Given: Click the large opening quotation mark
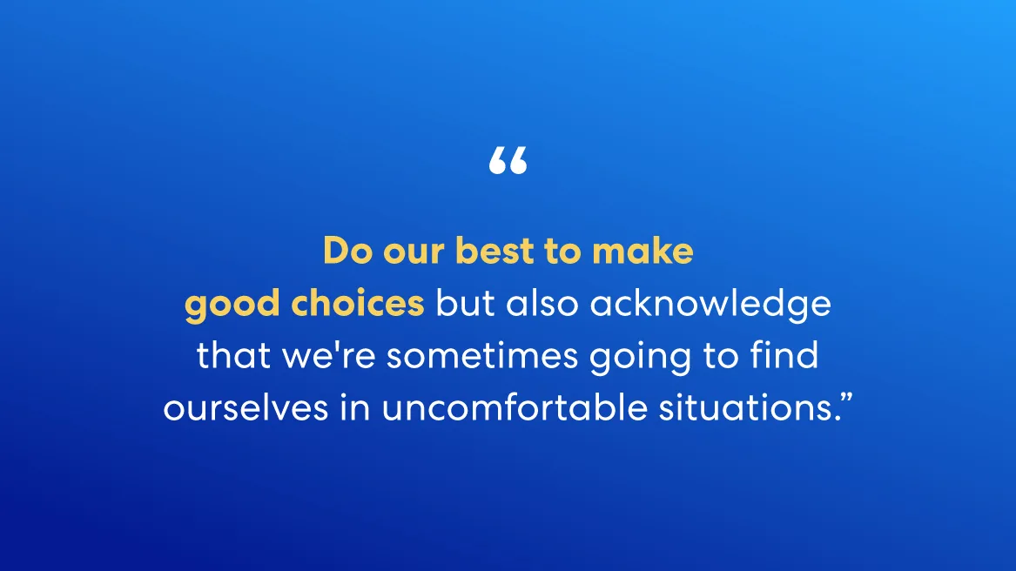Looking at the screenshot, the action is click(508, 161).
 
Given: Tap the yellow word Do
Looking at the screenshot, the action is click(347, 251).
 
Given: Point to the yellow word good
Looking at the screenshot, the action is click(232, 305).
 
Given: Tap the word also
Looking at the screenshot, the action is click(542, 303).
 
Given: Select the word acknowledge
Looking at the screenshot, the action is click(710, 305).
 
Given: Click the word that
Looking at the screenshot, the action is click(234, 355).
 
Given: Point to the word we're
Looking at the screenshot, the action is click(329, 355).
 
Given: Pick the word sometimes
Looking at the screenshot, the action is click(482, 355).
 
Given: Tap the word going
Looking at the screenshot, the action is click(640, 358).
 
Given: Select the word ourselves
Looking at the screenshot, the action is click(246, 407).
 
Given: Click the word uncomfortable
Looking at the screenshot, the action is click(515, 407).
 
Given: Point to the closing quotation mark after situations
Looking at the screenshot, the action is click(847, 399).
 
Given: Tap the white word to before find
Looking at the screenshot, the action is click(721, 356).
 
